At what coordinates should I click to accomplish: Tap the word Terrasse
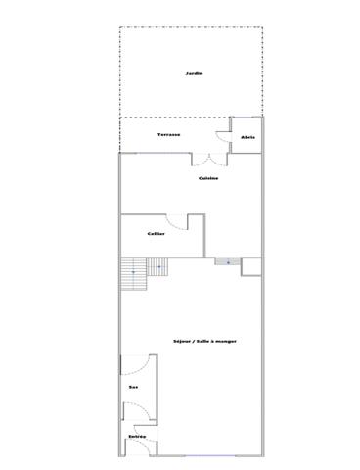tap(169, 134)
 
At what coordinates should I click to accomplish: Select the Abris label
tap(247, 137)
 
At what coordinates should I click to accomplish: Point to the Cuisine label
tap(207, 178)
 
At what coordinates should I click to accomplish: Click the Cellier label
tap(156, 233)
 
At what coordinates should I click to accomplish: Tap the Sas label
tap(132, 388)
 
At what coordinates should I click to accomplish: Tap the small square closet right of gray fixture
tap(250, 267)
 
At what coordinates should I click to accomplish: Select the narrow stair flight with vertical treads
tap(131, 274)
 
